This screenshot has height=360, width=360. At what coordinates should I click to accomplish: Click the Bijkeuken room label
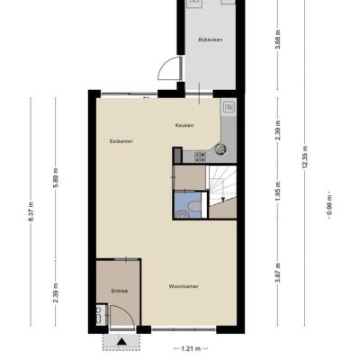coord(211,40)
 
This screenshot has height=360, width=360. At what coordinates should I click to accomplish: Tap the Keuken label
coord(184,125)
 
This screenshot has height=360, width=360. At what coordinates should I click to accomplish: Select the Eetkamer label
coord(121,141)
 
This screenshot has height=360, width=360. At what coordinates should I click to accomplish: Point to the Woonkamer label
coord(184,286)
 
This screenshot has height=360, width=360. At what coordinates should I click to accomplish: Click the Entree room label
coord(120,291)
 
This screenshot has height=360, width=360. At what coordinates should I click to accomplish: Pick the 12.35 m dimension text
coord(305,157)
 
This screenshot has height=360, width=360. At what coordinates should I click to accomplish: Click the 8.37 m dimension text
coord(31,211)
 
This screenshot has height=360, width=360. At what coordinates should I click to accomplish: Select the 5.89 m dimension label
coord(56,177)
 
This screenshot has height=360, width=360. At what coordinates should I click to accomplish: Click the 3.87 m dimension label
coord(278,273)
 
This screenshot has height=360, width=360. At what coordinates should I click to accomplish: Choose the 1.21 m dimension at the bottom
coord(191,348)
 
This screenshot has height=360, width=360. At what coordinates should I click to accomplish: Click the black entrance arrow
coord(121,341)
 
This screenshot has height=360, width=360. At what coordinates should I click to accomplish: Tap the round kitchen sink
coord(220,148)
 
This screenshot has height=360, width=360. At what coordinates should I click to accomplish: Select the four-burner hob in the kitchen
coord(200,157)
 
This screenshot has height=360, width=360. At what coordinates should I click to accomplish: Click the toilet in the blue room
coord(194,206)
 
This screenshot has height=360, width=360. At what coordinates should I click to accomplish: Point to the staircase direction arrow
coord(222,198)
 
